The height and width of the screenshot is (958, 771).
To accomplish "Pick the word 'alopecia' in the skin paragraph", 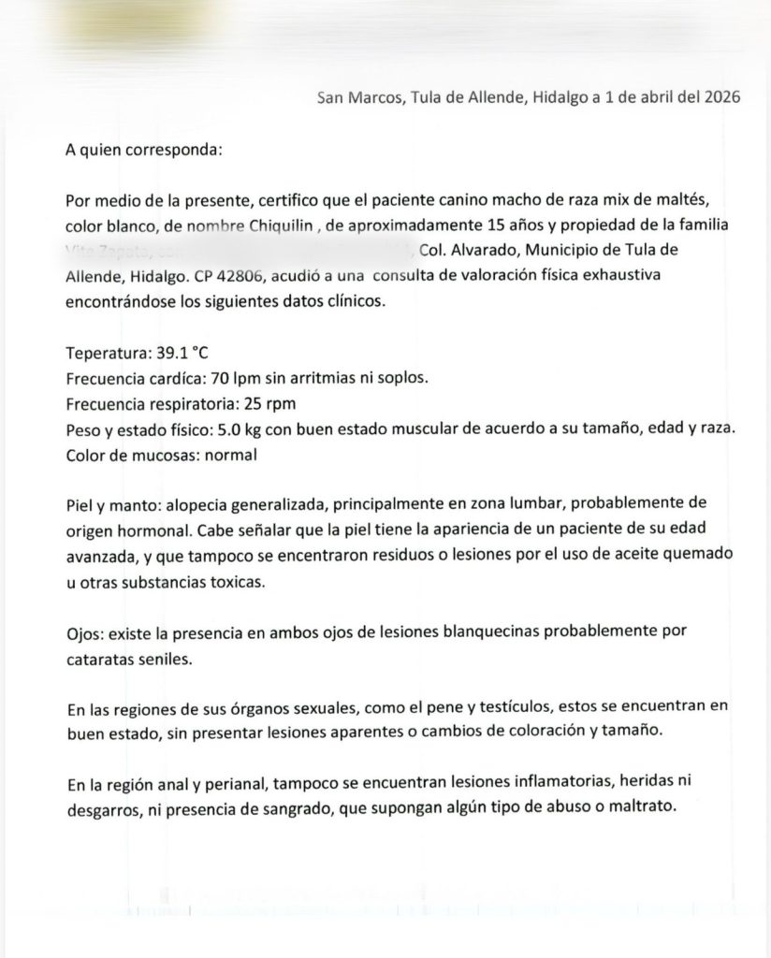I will [x=202, y=506].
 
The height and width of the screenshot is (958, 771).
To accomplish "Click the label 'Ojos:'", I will [x=85, y=631].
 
